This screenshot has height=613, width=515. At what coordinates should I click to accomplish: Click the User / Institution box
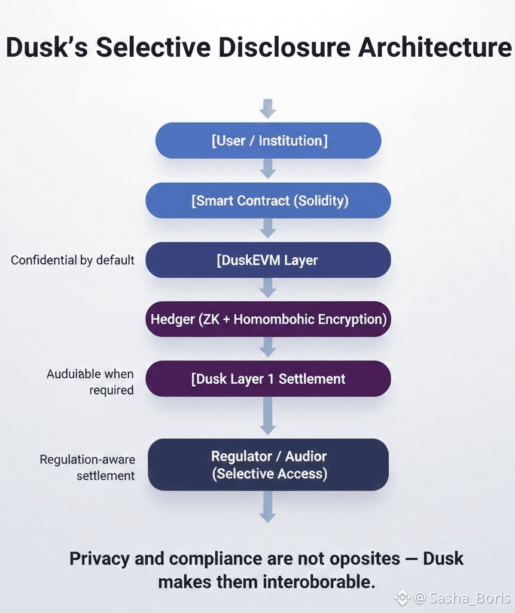tap(268, 140)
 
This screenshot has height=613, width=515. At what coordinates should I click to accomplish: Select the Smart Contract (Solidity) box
tap(268, 200)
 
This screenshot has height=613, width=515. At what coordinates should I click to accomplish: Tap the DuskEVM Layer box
tap(268, 260)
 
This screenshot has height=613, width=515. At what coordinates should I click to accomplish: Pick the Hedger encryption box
tap(268, 319)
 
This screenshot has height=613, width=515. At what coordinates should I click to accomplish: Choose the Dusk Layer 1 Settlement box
tap(268, 378)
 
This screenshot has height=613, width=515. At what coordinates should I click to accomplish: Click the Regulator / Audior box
tap(268, 465)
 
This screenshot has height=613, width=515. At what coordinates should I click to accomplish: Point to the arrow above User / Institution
tap(267, 109)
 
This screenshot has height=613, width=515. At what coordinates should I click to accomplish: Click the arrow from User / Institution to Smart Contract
tap(267, 169)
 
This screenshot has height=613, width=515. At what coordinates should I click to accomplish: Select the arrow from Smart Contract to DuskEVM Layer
tap(267, 228)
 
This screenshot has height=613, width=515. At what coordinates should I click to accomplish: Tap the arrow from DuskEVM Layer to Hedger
tap(267, 288)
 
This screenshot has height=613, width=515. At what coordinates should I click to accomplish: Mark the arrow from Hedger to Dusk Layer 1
tap(267, 347)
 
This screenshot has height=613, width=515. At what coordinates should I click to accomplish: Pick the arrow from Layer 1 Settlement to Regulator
tap(267, 415)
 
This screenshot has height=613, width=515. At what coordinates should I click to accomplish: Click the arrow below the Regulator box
tap(267, 507)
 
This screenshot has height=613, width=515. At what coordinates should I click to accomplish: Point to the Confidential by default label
tap(72, 260)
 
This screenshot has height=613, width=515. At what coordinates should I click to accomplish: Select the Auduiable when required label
tap(90, 382)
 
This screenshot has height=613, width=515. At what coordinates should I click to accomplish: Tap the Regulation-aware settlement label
tap(87, 468)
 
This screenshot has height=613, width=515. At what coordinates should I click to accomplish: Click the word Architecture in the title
tap(434, 47)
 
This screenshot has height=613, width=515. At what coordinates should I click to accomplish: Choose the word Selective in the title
tap(153, 47)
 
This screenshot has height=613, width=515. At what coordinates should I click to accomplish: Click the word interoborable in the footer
tap(319, 582)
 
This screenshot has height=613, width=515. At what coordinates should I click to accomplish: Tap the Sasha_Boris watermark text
tap(470, 598)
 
